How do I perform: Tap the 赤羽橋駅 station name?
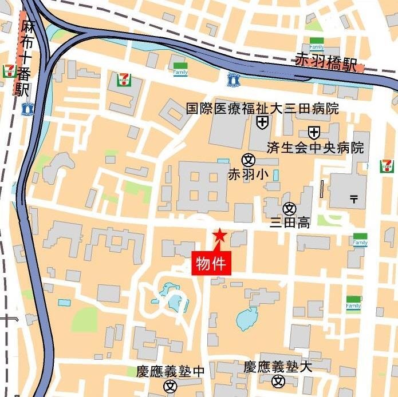pyautogui.click(x=330, y=62)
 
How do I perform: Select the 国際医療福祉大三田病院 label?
pyautogui.click(x=262, y=108)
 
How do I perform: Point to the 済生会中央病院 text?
pyautogui.click(x=315, y=148)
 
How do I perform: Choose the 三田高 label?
pyautogui.click(x=290, y=223)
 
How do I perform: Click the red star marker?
pyautogui.click(x=219, y=235)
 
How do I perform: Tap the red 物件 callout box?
pyautogui.click(x=213, y=263)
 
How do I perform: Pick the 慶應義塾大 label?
pyautogui.click(x=278, y=367)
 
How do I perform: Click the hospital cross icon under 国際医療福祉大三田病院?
pyautogui.click(x=262, y=121)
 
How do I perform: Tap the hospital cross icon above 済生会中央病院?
pyautogui.click(x=314, y=133)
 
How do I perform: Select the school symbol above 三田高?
pyautogui.click(x=289, y=209)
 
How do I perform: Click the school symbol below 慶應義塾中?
pyautogui.click(x=170, y=386)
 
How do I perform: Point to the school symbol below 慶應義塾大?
pyautogui.click(x=278, y=381)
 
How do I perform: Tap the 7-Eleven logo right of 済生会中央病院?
pyautogui.click(x=387, y=166)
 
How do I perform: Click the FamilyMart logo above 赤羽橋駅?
pyautogui.click(x=316, y=44)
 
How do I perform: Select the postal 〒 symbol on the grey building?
pyautogui.click(x=354, y=199)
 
